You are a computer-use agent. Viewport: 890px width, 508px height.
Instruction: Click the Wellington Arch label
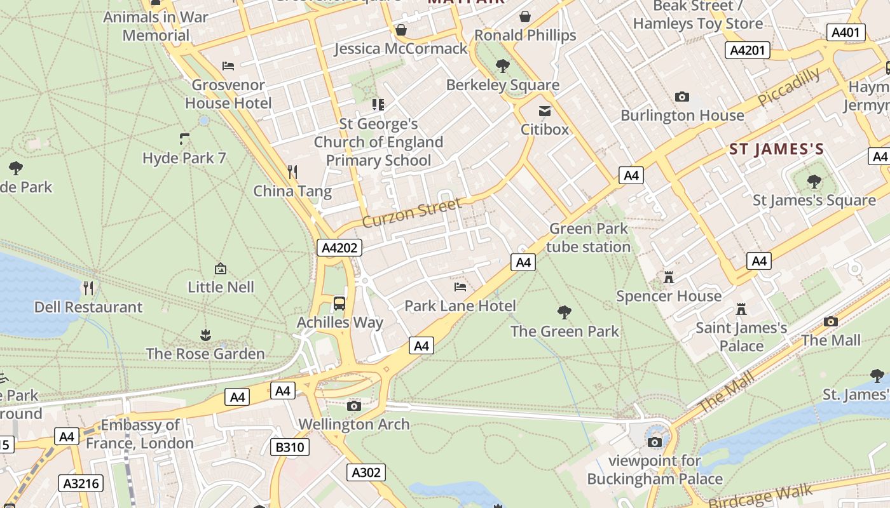point(354,424)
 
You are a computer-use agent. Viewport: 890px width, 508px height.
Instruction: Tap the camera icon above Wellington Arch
point(354,406)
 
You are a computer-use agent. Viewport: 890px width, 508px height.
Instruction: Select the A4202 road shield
point(339,248)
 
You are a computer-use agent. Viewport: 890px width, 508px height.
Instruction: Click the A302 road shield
point(366,472)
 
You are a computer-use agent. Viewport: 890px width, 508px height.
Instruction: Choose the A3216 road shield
point(81,483)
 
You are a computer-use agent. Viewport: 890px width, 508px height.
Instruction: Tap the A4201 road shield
point(748,50)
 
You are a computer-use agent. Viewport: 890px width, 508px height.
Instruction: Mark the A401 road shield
point(846,32)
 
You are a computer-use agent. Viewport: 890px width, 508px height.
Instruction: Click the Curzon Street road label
point(411,213)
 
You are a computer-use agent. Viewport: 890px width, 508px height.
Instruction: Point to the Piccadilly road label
point(788,87)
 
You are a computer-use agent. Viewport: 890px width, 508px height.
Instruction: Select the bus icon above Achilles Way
point(339,303)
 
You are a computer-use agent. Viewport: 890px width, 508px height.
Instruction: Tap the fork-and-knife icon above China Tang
point(292,171)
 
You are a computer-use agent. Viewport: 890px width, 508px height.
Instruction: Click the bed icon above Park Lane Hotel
point(460,287)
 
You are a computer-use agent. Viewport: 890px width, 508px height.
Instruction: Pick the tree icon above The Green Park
point(564,312)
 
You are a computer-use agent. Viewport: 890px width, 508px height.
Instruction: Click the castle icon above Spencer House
point(668,277)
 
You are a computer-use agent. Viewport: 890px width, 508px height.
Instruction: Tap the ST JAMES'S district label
point(776,150)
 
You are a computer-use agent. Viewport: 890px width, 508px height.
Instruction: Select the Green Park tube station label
point(589,237)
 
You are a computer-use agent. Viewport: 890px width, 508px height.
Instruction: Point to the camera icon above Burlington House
point(682,97)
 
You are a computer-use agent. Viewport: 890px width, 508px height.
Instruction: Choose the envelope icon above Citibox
point(545,111)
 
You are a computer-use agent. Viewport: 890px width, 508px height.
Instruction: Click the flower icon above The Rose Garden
point(205,335)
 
